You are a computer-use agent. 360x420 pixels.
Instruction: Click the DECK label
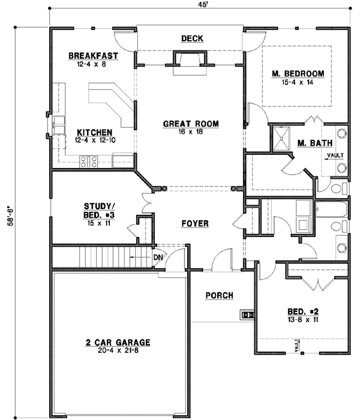tap(192, 39)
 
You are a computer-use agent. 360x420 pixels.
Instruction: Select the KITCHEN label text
tap(92, 132)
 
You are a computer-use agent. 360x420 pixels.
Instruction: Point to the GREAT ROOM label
tap(191, 124)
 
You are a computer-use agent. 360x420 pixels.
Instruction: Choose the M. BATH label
tap(311, 142)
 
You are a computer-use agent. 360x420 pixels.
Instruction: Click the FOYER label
tap(195, 224)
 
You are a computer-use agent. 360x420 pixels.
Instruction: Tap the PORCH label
tap(219, 295)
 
